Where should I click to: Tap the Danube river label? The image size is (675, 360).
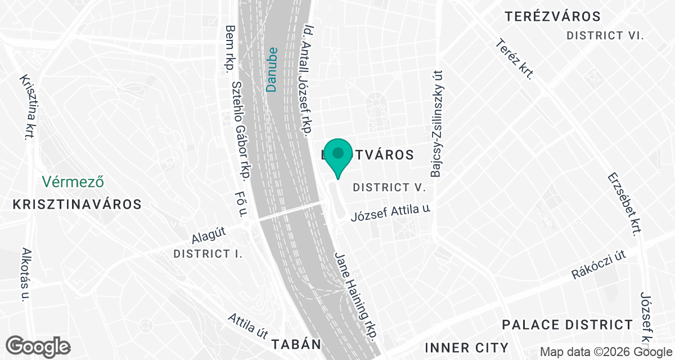272,69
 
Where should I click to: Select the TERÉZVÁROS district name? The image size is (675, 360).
552,16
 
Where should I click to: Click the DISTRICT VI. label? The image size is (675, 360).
605,35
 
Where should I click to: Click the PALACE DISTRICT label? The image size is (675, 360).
567,325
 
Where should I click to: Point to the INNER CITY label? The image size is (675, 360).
467,347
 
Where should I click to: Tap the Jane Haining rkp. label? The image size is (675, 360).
356,295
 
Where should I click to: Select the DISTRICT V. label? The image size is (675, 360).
388,187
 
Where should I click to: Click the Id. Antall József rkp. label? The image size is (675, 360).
308,80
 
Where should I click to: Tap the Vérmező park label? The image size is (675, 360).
75,182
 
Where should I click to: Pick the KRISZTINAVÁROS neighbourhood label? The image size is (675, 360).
76,204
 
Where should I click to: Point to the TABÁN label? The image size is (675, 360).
296,344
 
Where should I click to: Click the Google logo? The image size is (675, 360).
38,345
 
